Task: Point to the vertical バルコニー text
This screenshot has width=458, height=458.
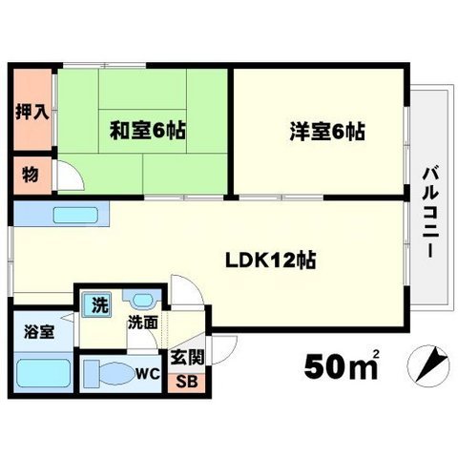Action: point(430,211)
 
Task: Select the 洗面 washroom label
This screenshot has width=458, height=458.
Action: point(142,323)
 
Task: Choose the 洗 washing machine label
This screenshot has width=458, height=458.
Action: point(98,304)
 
